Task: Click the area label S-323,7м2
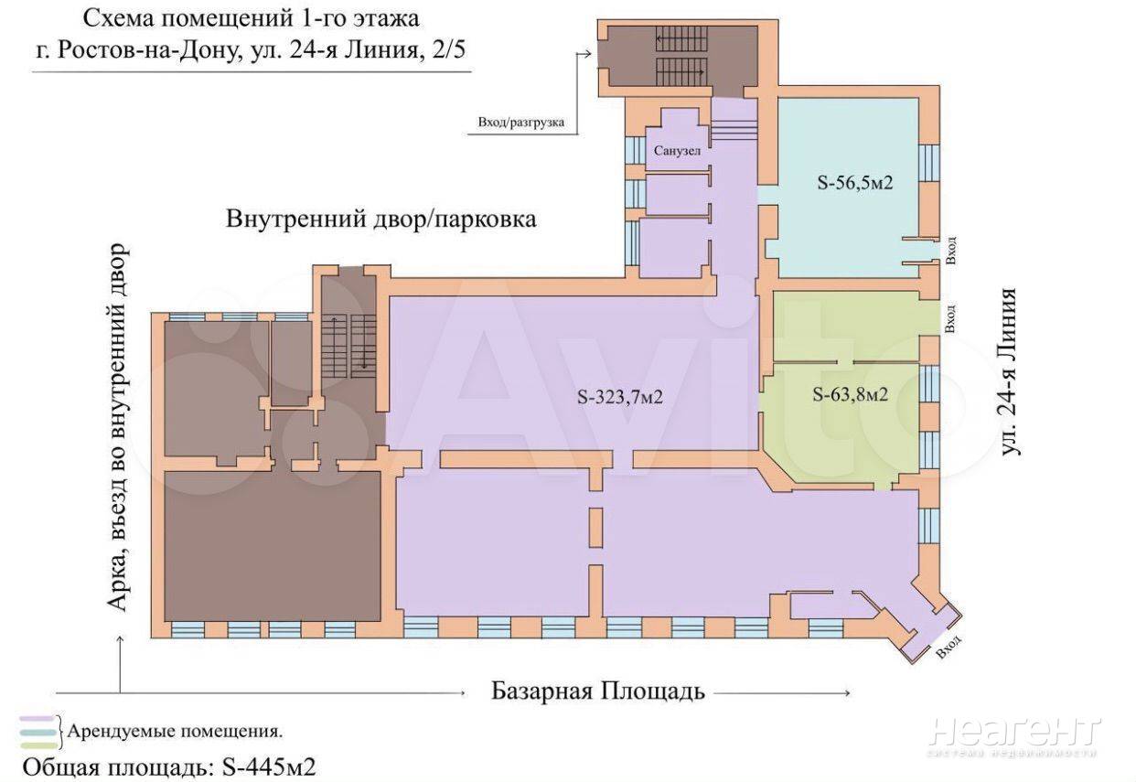click(x=620, y=397)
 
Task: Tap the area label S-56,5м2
click(x=854, y=183)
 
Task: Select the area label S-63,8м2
click(x=851, y=394)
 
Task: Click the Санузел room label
click(x=677, y=151)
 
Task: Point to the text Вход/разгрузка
click(x=520, y=123)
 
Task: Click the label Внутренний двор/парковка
click(x=380, y=220)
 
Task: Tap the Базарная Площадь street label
click(x=598, y=691)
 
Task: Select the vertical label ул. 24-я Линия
click(x=1009, y=372)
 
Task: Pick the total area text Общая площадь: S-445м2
click(x=169, y=767)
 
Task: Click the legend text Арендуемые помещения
click(x=175, y=732)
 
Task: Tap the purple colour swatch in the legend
click(x=37, y=719)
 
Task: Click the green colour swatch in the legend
click(x=39, y=745)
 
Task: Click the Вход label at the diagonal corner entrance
click(x=948, y=647)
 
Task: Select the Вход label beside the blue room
click(x=951, y=250)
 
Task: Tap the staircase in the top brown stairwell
click(x=681, y=57)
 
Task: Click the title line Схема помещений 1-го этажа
click(x=251, y=19)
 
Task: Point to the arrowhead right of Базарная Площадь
click(x=846, y=692)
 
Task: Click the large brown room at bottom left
click(x=272, y=546)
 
